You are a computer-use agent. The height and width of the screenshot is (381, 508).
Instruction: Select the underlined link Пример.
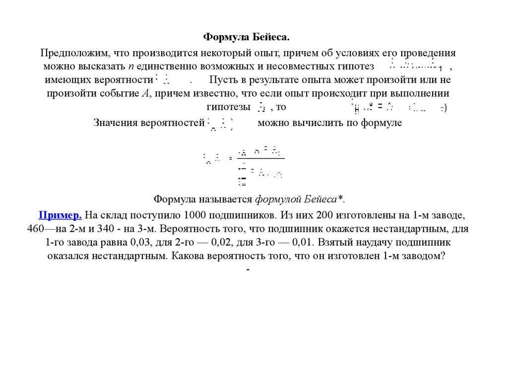(61, 215)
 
